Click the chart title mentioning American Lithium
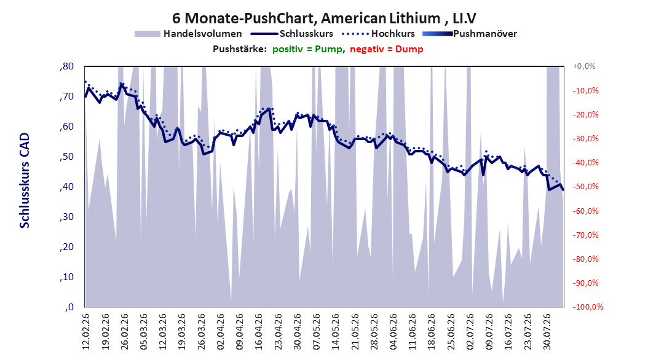324,18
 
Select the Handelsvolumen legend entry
188,34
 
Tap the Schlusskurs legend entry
292,34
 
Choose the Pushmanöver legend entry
470,34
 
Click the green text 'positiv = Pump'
307,49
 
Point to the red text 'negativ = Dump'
387,49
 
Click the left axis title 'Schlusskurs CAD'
25,181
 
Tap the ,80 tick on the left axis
66,66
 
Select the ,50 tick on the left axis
66,157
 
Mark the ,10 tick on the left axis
66,277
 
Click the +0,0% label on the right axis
584,66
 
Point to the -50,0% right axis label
585,187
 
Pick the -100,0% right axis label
588,307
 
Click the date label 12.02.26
86,332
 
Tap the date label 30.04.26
297,332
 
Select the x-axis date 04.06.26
393,332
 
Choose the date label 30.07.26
547,332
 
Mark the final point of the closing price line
563,190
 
